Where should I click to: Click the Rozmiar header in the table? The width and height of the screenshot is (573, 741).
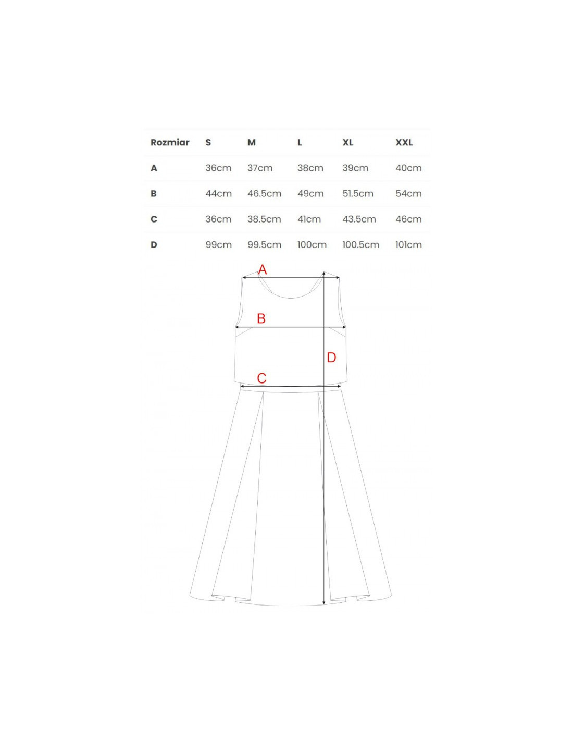point(170,142)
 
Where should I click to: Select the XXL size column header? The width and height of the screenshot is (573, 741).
point(404,142)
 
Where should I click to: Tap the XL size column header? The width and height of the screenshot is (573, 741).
point(347,142)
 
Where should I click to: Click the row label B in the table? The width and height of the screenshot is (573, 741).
point(154,193)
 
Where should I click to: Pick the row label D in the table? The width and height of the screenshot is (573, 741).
point(154,244)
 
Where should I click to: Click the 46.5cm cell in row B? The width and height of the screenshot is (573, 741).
point(264,193)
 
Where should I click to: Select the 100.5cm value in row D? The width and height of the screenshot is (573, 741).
point(360,244)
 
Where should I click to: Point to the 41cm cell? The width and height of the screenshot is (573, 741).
point(309,219)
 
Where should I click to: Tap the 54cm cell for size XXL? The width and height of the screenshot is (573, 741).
point(408,193)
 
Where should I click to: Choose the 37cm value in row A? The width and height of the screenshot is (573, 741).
point(260,168)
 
